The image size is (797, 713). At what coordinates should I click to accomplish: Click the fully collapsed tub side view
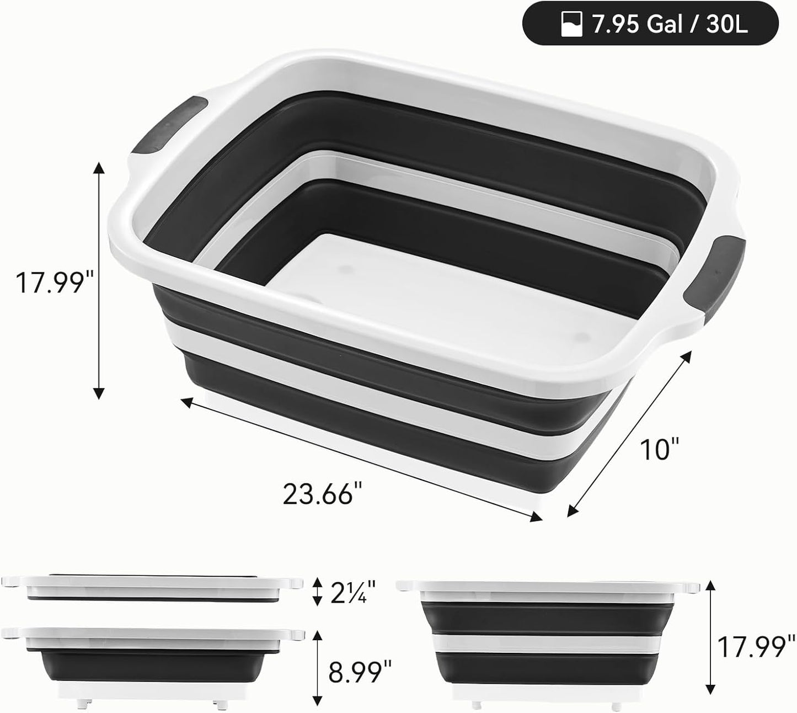tap(152, 588)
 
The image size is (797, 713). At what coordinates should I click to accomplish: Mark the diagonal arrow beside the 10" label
tap(629, 434)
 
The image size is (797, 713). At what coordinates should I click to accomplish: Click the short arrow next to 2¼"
tap(317, 592)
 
